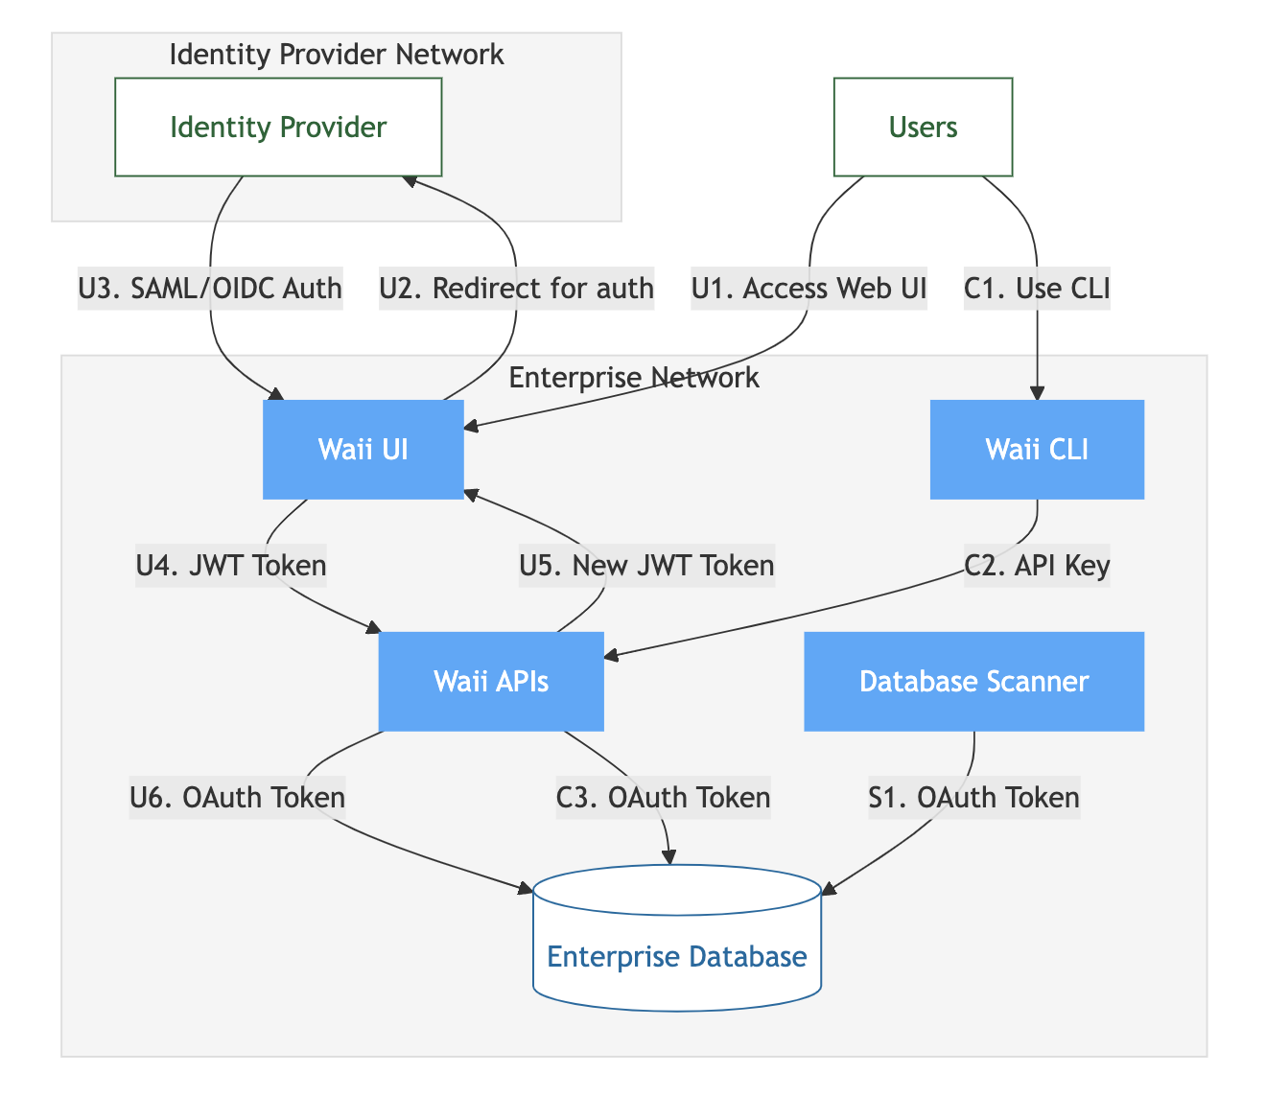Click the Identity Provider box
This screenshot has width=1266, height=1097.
[x=278, y=128]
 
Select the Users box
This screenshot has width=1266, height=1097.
[x=923, y=128]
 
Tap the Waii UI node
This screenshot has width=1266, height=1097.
[x=363, y=450]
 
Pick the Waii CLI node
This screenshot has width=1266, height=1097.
[x=1037, y=450]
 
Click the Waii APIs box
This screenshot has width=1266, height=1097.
[x=491, y=682]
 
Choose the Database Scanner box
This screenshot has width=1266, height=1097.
[x=973, y=682]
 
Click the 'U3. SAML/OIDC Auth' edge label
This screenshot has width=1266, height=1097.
[x=210, y=288]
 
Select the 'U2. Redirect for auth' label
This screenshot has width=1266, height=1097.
[x=516, y=288]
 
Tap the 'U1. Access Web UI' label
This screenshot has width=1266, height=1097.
[x=809, y=288]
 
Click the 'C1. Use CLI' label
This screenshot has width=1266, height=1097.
[x=1037, y=288]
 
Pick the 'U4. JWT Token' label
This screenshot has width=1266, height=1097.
[x=231, y=566]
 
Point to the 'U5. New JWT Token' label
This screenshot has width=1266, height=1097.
[x=646, y=566]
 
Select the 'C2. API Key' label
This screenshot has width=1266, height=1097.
[x=1037, y=566]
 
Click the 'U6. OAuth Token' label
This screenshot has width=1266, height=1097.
[x=237, y=797]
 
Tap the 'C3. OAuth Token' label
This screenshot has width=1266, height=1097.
[x=663, y=797]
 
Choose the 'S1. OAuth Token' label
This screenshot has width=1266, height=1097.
[x=973, y=797]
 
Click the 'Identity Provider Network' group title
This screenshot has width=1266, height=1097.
[x=336, y=55]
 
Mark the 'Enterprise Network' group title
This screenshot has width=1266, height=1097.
[x=634, y=378]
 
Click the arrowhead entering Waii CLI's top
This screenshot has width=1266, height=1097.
[x=1037, y=393]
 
